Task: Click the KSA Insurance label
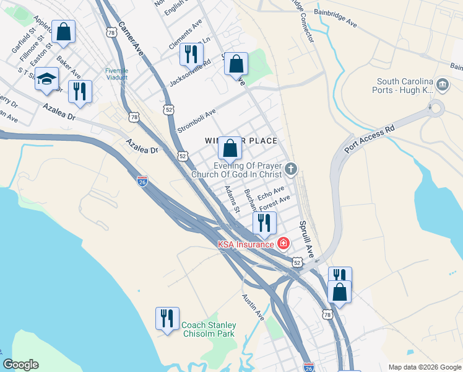coord(245,244)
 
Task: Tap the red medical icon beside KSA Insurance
coord(283,244)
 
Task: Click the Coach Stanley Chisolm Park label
coord(209,329)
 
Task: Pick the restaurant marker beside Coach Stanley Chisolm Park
coord(167,319)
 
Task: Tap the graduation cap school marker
coord(46,79)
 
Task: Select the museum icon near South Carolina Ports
coord(443,84)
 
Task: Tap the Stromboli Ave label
coord(196,120)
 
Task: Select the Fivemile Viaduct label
coord(116,74)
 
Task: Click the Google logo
coord(20,365)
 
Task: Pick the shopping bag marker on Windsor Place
coord(230,148)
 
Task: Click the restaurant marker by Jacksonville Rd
coord(191,54)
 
